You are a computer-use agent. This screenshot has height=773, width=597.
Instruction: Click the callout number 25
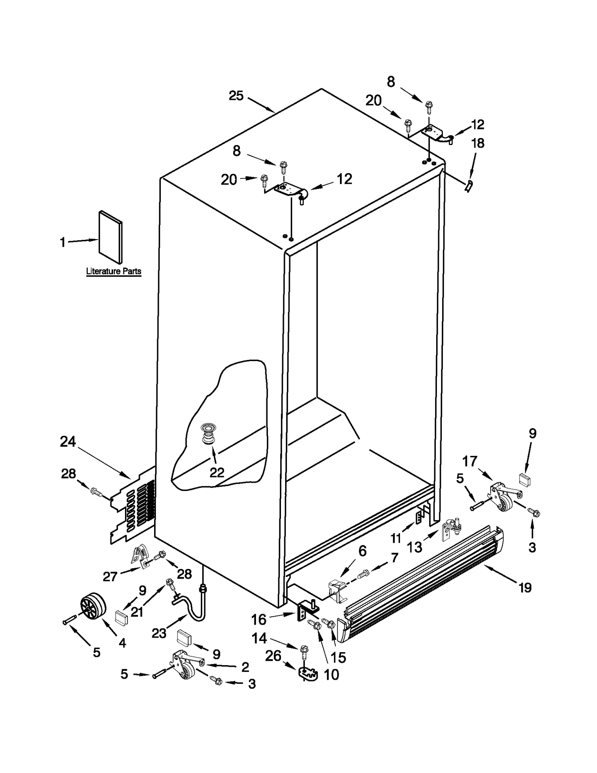point(236,96)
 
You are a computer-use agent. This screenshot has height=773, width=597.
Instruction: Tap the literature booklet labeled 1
point(110,237)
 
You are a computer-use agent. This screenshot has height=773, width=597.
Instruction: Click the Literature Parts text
point(113,271)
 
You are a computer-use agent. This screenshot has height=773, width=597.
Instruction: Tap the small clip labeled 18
point(469,185)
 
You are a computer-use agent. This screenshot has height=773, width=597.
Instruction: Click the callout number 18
point(478,143)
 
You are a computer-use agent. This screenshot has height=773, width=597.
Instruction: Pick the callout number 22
point(217,473)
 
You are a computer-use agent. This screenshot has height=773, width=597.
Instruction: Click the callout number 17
point(470,461)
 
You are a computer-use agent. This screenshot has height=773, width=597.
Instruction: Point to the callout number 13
point(414,547)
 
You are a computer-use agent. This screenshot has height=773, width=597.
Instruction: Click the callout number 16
point(259,620)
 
